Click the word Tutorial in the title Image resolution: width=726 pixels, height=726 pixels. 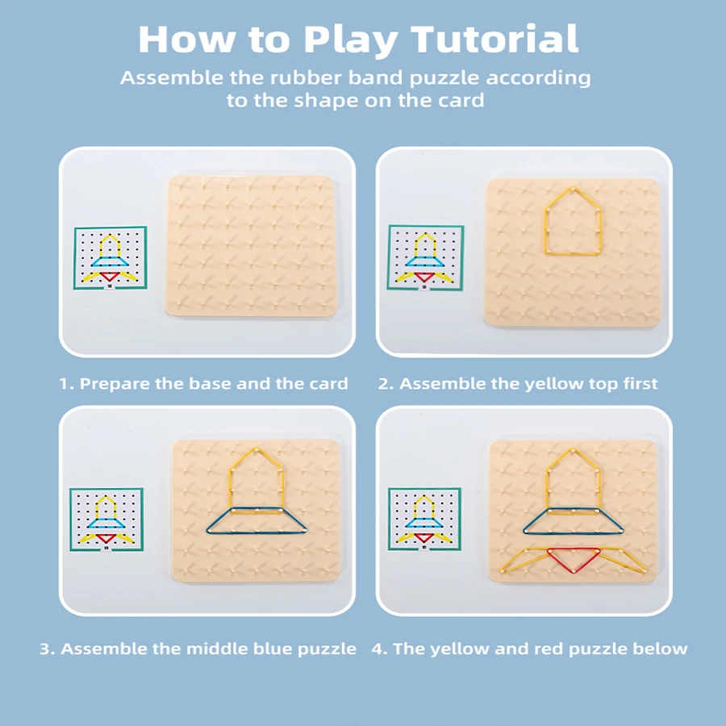(x=494, y=40)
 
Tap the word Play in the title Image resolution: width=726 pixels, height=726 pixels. (x=351, y=41)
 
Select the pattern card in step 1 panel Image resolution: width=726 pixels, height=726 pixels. (x=111, y=258)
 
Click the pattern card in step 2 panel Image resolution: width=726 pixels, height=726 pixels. (x=425, y=258)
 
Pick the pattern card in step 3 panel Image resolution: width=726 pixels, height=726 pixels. (x=106, y=519)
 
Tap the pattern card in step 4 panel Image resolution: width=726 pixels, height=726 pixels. (x=424, y=519)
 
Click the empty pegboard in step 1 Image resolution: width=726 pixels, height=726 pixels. (x=252, y=246)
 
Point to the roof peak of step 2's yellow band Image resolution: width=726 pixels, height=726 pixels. (x=573, y=188)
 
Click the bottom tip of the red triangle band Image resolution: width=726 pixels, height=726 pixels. (x=574, y=573)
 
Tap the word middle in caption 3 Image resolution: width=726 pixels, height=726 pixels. (x=218, y=649)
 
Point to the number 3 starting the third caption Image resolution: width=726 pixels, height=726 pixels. (x=44, y=649)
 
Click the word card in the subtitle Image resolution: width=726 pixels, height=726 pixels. (x=461, y=100)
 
